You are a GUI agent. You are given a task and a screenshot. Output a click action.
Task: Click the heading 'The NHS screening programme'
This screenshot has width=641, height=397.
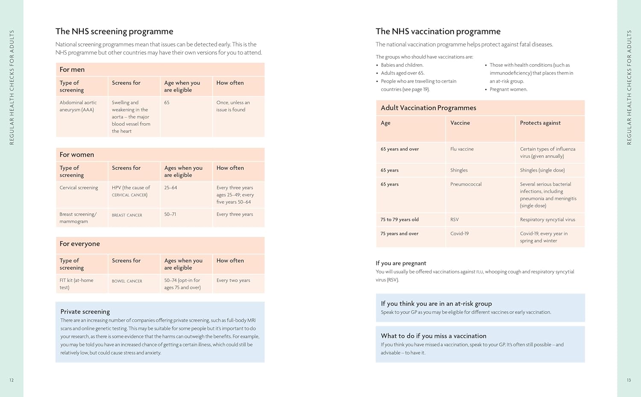click(x=114, y=31)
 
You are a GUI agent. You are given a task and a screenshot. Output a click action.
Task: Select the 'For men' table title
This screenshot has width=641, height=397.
click(x=72, y=69)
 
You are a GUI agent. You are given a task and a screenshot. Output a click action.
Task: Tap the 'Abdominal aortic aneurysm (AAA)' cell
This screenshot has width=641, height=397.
click(x=78, y=106)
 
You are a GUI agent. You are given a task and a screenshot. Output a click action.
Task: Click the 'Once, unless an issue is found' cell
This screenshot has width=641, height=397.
click(x=233, y=106)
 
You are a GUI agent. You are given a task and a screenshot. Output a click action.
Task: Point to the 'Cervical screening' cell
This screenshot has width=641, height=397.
click(x=79, y=187)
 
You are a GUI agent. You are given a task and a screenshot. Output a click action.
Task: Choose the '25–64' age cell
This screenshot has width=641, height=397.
click(x=171, y=187)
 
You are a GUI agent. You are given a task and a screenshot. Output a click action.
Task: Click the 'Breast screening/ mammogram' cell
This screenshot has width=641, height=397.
click(x=78, y=218)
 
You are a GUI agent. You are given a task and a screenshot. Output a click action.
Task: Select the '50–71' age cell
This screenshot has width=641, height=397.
click(x=170, y=214)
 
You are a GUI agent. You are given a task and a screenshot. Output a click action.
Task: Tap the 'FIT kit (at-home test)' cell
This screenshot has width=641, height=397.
click(x=76, y=284)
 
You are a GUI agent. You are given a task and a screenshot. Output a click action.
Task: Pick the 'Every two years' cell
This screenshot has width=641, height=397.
click(x=233, y=280)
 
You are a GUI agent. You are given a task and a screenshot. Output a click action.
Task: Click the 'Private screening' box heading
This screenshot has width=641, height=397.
click(x=85, y=311)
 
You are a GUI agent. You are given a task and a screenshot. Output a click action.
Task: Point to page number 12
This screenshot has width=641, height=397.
click(x=12, y=380)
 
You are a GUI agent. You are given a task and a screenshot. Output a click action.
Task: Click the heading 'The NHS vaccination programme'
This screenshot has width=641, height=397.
click(x=438, y=31)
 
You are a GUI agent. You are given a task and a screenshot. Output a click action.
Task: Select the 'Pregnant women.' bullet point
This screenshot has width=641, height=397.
click(x=508, y=89)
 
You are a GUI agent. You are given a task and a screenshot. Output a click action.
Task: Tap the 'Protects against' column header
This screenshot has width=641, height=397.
click(x=540, y=123)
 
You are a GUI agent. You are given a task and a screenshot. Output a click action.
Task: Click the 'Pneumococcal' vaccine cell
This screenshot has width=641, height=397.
click(x=466, y=184)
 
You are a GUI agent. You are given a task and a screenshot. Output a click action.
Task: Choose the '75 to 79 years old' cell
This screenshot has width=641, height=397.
click(x=400, y=219)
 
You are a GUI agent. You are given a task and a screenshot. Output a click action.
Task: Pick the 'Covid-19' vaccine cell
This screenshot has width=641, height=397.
click(x=459, y=234)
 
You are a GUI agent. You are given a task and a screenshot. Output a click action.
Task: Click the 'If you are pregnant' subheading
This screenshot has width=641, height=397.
click(x=401, y=263)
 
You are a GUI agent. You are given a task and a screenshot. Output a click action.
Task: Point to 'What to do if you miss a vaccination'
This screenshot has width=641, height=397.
click(x=433, y=336)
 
